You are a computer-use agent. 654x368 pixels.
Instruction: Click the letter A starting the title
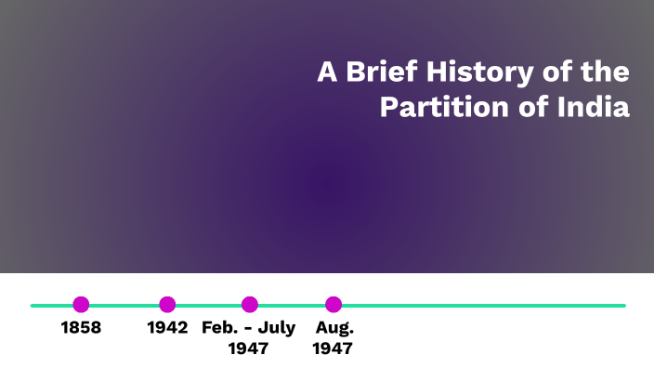326,73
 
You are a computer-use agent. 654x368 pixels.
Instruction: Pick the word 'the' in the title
606,73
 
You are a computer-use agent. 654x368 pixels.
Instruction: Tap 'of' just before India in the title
530,107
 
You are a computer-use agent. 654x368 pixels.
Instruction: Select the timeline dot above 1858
81,304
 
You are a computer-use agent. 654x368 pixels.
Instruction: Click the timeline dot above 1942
167,304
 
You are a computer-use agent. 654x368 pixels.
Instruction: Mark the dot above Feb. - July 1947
249,304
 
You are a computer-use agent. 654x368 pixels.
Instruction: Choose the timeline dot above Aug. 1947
334,304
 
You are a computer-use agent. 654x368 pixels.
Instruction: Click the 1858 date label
81,328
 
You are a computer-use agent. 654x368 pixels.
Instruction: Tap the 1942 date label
167,328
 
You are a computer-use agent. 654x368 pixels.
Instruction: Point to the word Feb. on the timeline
219,328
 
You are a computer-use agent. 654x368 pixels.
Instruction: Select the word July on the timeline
276,328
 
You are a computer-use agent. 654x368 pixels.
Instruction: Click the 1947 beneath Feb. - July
248,349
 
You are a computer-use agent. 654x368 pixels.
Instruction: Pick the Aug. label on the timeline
334,328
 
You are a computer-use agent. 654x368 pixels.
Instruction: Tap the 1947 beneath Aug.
333,349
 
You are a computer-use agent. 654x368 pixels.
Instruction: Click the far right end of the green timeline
622,305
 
